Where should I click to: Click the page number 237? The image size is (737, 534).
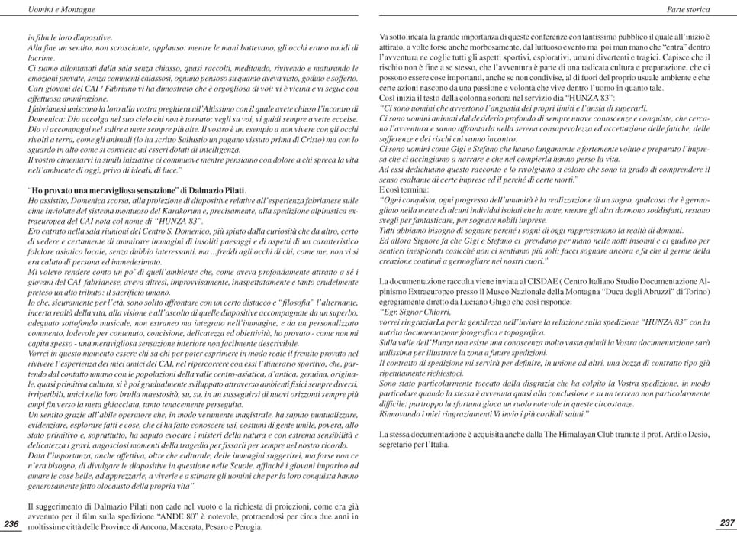point(726,523)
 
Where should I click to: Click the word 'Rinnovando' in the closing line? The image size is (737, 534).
point(402,413)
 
